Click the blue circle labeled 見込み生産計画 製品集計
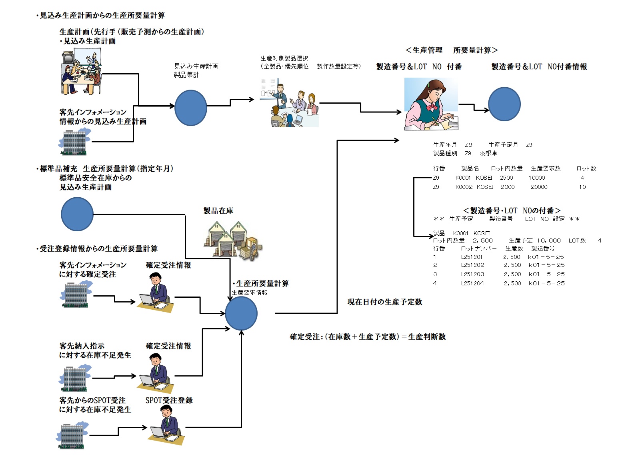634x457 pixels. point(191,108)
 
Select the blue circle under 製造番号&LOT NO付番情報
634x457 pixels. point(504,104)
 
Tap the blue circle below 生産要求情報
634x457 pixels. point(241,313)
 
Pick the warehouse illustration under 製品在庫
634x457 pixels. point(233,241)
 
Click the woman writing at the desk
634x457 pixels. point(431,104)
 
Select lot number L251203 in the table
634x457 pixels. point(472,274)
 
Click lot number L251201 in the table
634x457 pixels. point(472,257)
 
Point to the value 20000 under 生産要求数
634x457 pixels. point(539,187)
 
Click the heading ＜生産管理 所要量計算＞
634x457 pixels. point(451,50)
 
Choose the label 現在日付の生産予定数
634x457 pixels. point(385,302)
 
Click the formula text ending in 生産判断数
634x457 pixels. point(368,337)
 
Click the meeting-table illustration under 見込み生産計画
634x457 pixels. point(82,73)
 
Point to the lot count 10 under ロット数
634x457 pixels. point(582,187)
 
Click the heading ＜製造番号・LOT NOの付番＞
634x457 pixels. point(512,210)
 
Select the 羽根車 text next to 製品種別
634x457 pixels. point(488,153)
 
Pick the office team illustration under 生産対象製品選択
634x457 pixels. point(289,104)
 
